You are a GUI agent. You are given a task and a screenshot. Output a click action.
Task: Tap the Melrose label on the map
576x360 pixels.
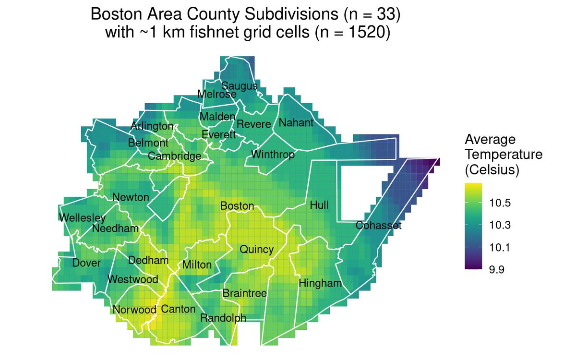click(x=216, y=95)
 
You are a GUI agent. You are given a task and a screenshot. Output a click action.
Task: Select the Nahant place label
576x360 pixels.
click(x=296, y=123)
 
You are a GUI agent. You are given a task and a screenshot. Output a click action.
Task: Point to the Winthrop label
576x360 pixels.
click(x=273, y=155)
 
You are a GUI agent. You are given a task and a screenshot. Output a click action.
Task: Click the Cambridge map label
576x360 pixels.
click(x=174, y=156)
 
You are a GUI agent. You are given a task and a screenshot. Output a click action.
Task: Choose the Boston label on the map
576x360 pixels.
click(x=237, y=206)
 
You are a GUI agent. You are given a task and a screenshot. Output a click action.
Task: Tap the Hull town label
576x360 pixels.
click(x=319, y=205)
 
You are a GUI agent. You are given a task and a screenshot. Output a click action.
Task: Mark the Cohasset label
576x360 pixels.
click(x=378, y=226)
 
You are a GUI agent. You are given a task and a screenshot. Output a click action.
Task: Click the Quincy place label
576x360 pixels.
click(x=256, y=250)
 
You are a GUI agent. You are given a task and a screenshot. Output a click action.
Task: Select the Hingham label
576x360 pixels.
click(x=320, y=284)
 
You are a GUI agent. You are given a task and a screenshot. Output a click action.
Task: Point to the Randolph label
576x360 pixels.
click(x=223, y=318)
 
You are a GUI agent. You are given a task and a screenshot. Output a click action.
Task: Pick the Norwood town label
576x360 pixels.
click(x=134, y=310)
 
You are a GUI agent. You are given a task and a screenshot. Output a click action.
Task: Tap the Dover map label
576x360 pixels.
click(x=86, y=263)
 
